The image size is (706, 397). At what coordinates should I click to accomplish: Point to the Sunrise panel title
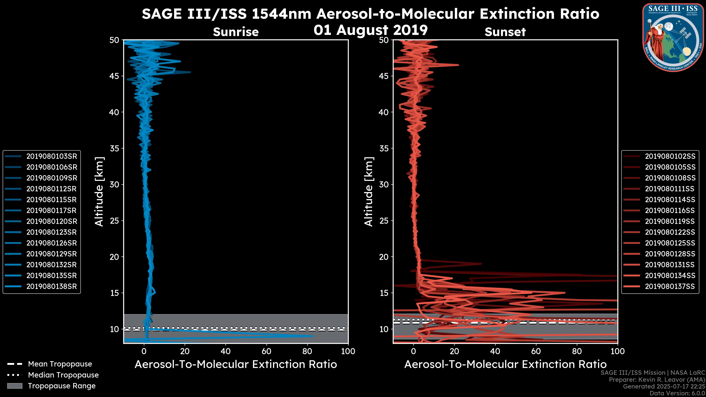pos(236,32)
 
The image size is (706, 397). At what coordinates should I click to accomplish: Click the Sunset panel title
pos(505,32)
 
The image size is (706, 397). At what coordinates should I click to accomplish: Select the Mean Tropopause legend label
pos(60,364)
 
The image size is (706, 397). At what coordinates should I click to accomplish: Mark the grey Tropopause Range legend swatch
pos(15,386)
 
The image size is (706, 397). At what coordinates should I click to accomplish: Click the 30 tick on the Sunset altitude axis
pos(384,184)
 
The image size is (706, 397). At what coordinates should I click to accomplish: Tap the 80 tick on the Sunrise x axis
pos(307,351)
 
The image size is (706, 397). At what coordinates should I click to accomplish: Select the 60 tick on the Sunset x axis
pos(536,351)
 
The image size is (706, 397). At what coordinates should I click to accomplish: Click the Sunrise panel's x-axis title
pos(236,364)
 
